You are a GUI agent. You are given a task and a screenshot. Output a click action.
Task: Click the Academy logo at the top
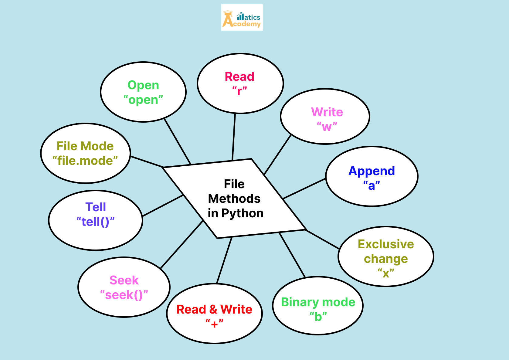(242, 18)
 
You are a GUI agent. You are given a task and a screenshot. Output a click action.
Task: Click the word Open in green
(143, 85)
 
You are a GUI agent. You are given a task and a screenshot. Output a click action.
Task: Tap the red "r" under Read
(240, 91)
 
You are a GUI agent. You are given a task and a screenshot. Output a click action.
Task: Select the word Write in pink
(327, 112)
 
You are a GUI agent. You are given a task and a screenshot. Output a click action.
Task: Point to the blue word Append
(372, 171)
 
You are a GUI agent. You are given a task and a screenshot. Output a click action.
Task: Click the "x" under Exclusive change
(386, 273)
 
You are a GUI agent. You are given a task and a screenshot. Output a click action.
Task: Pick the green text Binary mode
(318, 302)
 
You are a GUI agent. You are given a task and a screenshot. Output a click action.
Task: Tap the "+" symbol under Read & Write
(215, 324)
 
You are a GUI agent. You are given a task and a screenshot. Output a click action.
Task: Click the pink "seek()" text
(124, 295)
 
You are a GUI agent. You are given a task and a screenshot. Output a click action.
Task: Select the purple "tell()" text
(96, 222)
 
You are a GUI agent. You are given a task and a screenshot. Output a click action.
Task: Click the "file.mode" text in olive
(85, 161)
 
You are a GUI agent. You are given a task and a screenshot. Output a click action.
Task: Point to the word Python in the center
(242, 213)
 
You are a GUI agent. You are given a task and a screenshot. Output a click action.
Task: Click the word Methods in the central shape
(234, 199)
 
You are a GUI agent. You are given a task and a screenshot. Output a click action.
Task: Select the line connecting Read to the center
(234, 137)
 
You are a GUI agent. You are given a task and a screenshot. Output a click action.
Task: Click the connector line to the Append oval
(304, 188)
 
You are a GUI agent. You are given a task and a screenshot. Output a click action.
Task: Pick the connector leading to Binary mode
(292, 255)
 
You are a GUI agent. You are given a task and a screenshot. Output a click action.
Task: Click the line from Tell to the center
(163, 206)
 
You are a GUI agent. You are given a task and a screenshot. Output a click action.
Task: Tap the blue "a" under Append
(372, 185)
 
